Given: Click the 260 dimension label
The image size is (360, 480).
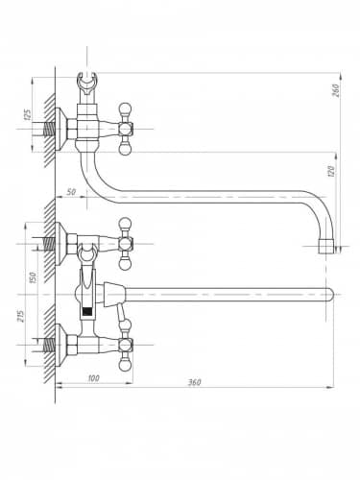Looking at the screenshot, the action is (x=334, y=90).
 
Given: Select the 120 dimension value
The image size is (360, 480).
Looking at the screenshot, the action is (x=331, y=171).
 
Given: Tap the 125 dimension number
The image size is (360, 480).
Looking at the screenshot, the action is (x=28, y=114).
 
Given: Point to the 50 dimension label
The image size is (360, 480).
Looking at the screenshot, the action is (x=71, y=192).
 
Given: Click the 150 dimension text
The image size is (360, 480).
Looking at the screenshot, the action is (x=33, y=277).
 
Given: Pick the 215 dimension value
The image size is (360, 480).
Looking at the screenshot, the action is (x=20, y=316).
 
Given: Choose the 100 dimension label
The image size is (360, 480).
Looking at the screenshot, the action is (x=93, y=378).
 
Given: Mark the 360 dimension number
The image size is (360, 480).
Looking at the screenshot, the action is (x=194, y=382).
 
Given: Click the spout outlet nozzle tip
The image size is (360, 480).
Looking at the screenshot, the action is (x=325, y=246).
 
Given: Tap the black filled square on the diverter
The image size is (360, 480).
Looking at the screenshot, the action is (x=87, y=311).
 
